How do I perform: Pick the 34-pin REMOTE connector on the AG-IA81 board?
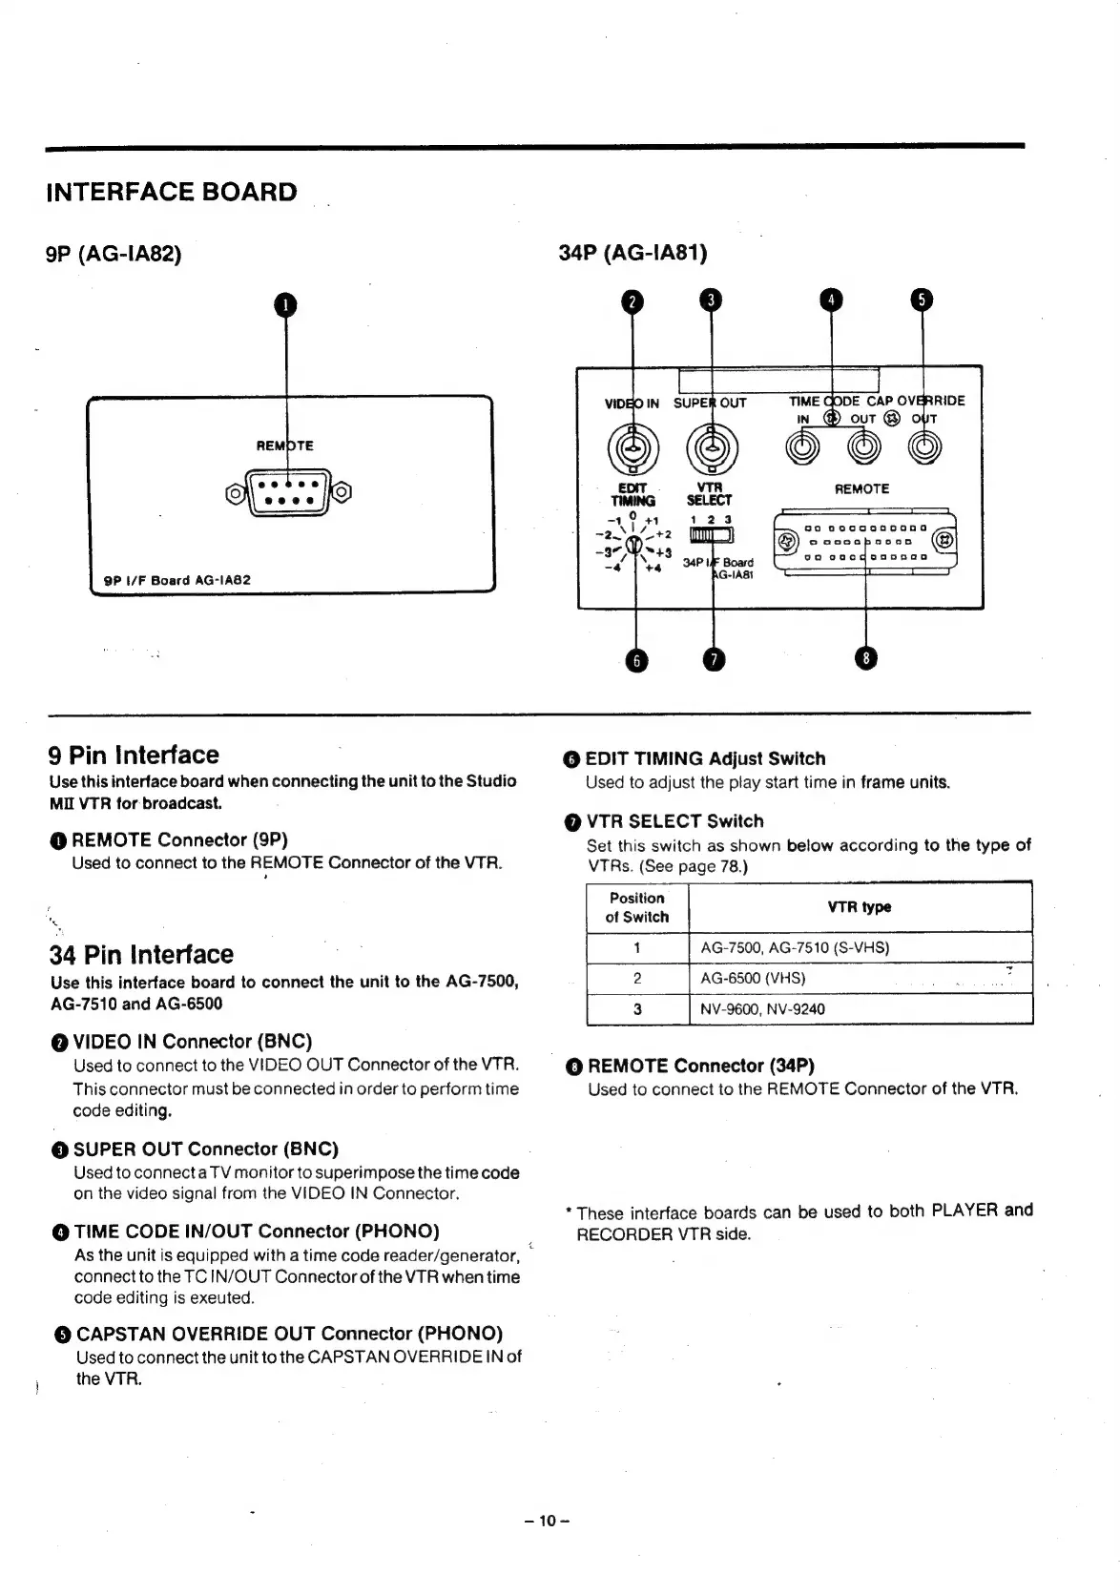pos(864,541)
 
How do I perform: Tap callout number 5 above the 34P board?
pos(922,300)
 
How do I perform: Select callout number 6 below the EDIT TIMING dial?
pos(635,660)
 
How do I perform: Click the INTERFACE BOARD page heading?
pos(172,192)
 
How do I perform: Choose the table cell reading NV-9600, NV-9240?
pos(763,1009)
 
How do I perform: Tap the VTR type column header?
pos(860,907)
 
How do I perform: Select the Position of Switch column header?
pos(637,907)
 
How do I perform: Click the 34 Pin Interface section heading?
pos(141,954)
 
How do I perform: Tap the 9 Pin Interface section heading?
pos(134,756)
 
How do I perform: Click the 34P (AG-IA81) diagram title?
pos(633,253)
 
